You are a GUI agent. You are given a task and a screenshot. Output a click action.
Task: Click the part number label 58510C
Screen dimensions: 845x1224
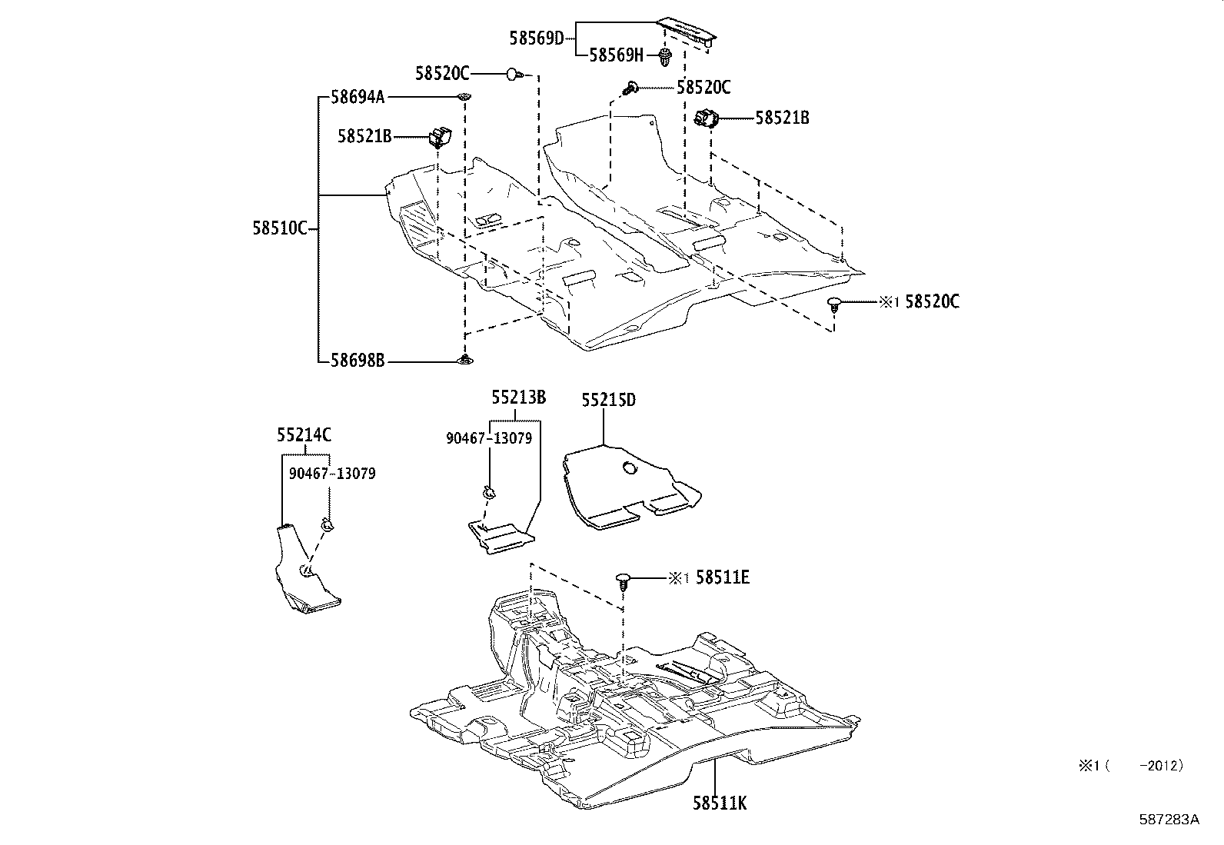coord(280,228)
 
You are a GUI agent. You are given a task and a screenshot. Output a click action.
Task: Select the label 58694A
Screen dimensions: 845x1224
coord(358,97)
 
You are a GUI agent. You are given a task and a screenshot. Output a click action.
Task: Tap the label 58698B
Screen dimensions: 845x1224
coord(358,360)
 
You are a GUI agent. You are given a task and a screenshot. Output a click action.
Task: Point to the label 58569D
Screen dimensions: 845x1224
coord(537,37)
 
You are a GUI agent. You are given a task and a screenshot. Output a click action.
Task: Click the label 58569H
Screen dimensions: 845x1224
coord(617,55)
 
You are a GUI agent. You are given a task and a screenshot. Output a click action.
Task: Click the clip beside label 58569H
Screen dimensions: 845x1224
coord(665,55)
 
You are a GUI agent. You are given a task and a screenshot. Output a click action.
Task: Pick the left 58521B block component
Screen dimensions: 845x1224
coord(440,137)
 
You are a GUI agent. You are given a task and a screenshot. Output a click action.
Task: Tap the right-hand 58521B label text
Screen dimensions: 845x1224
coord(782,118)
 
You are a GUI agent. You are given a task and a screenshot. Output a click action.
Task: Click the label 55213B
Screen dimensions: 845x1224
coord(519,398)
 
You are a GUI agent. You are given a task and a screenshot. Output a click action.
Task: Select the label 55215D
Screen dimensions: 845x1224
coord(608,400)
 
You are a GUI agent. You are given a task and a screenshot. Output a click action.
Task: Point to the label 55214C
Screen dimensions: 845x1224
coord(304,435)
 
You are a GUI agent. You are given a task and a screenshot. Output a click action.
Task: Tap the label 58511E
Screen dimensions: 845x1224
coord(723,577)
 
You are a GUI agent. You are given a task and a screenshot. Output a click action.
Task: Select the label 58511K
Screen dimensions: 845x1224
coord(720,803)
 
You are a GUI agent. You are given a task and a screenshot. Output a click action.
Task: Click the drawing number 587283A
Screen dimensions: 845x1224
coord(1169,819)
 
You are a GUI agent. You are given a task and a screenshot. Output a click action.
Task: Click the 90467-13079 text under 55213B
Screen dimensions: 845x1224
coord(489,438)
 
